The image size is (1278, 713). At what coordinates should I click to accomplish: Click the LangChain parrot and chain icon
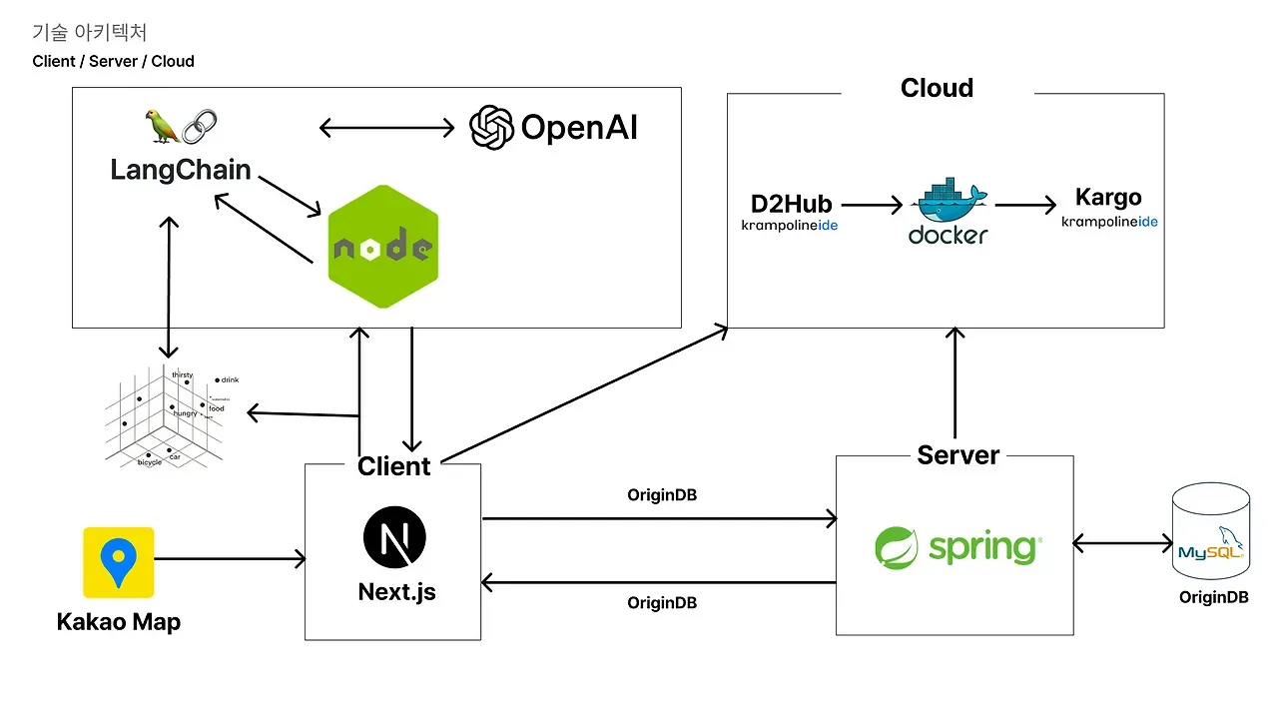(x=180, y=126)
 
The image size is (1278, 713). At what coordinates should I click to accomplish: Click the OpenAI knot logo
(x=491, y=127)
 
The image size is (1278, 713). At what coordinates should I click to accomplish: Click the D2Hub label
(x=791, y=205)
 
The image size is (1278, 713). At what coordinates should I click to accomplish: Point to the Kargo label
(x=1108, y=198)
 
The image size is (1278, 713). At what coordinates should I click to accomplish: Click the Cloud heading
(x=937, y=88)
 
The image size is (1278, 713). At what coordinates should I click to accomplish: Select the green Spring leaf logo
(x=896, y=547)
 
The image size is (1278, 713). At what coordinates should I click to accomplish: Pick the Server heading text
(x=958, y=455)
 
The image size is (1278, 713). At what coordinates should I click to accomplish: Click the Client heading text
(x=393, y=466)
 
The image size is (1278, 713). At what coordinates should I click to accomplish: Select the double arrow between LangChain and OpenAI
(x=386, y=128)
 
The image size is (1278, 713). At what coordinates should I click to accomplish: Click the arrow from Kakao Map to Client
(x=230, y=559)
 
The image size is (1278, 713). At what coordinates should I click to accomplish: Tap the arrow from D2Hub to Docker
(x=871, y=206)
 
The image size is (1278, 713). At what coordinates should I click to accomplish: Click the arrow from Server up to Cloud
(x=956, y=384)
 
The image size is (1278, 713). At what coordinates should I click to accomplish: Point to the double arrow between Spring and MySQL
(x=1122, y=544)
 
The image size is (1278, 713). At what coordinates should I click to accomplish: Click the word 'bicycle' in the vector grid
(x=149, y=462)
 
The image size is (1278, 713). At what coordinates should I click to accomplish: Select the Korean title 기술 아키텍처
(x=90, y=33)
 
